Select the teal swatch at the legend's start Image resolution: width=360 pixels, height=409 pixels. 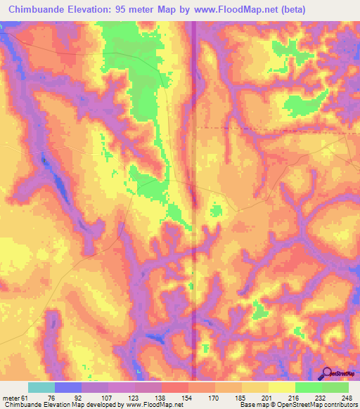(41, 387)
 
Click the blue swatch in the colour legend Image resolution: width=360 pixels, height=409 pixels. (68, 387)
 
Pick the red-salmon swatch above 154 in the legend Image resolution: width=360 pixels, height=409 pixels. (174, 387)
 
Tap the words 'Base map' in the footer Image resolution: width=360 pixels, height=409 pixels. (252, 405)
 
